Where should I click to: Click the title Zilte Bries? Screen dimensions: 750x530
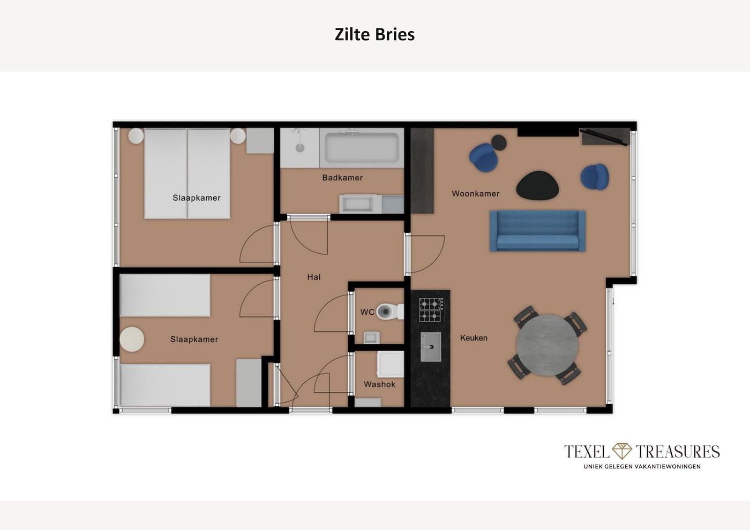click(x=374, y=34)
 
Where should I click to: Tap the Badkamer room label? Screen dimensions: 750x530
click(x=342, y=178)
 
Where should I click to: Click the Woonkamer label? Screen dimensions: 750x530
click(x=476, y=193)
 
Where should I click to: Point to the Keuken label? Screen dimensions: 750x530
click(x=474, y=338)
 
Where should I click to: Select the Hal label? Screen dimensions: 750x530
click(x=314, y=277)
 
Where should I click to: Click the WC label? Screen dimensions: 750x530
click(x=367, y=312)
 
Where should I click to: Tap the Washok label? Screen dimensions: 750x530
click(x=379, y=384)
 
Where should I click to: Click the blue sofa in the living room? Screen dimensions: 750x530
click(x=537, y=231)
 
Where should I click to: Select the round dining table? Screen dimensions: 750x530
click(x=547, y=345)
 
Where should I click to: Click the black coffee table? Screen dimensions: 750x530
click(x=537, y=186)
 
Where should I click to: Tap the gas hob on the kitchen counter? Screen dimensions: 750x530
click(x=430, y=309)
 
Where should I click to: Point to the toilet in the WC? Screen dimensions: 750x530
click(x=390, y=312)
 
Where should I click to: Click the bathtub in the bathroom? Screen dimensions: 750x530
click(x=362, y=148)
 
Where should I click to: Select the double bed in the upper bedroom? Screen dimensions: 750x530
click(x=187, y=174)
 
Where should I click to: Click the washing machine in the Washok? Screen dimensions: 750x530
click(x=390, y=364)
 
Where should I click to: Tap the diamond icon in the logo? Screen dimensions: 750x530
click(x=622, y=451)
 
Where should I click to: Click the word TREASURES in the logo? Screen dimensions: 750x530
click(x=677, y=451)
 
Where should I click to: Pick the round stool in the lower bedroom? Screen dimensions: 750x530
click(x=132, y=339)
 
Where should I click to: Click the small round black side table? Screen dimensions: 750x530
click(x=499, y=142)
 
